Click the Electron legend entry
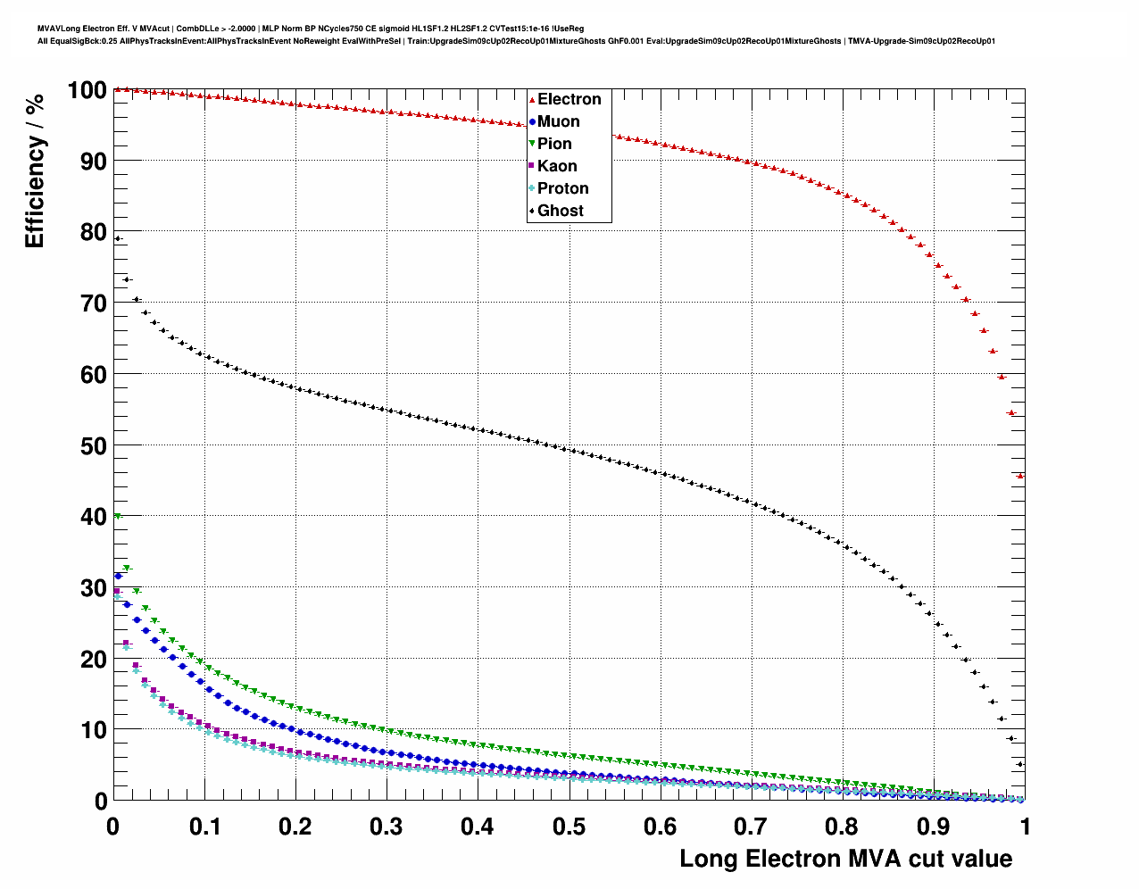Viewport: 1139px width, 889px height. click(569, 99)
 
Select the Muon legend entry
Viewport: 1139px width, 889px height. click(558, 121)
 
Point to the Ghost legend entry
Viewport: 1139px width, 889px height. click(560, 211)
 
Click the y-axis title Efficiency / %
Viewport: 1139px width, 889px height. click(34, 170)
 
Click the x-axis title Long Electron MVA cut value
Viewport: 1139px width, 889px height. click(845, 859)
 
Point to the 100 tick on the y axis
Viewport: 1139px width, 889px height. click(87, 90)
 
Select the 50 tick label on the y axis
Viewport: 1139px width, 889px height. click(94, 445)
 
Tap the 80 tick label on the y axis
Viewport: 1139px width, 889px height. click(94, 232)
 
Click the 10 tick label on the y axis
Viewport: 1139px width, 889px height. click(94, 730)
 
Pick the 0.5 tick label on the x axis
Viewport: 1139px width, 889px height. click(569, 827)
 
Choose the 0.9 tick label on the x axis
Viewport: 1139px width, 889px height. click(933, 827)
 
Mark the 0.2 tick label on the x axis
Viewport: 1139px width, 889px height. click(295, 827)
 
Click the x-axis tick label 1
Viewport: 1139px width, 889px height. click(1025, 827)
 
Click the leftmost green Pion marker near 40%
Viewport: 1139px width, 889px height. click(118, 516)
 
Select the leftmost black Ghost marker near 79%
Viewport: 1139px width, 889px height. click(118, 238)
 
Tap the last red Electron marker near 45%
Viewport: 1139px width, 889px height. click(1020, 476)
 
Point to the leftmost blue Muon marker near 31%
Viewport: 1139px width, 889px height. click(118, 577)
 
